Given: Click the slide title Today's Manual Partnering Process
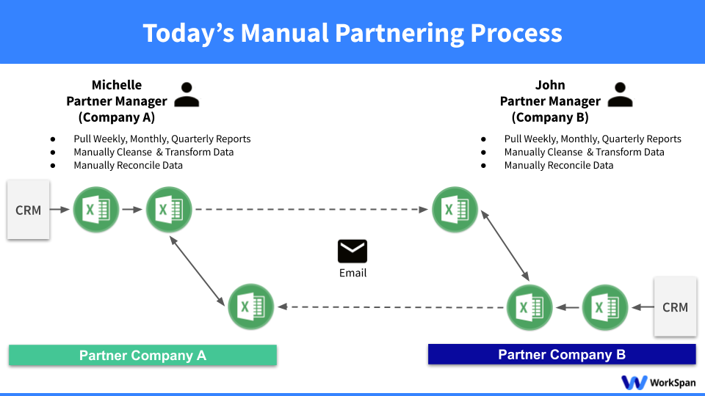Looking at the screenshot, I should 352,33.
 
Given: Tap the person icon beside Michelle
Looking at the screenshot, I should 187,95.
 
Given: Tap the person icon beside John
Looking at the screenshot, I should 621,95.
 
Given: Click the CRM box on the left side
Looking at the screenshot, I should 29,210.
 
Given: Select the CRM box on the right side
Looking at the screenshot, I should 675,307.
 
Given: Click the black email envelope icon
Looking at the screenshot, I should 352,251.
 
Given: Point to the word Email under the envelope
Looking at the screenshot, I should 352,273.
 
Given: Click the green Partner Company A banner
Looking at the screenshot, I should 142,355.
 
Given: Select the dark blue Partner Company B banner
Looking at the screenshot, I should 562,355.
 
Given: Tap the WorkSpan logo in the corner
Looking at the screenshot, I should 658,382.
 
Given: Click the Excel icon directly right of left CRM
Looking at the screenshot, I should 96,210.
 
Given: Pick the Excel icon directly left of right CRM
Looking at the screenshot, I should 605,307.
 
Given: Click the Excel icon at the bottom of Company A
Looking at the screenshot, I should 251,307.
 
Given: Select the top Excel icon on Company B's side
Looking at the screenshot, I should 455,210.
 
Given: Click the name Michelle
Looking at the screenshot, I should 117,85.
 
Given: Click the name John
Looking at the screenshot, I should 550,85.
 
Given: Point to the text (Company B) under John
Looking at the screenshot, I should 550,117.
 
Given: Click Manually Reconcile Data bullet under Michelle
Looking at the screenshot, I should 128,165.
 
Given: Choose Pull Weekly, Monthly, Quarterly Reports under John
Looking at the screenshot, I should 592,139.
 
